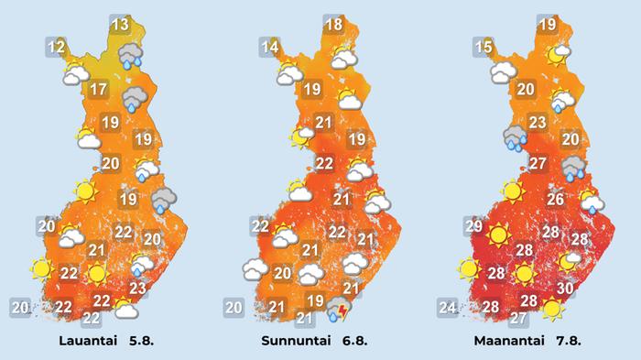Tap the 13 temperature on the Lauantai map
coord(119,25)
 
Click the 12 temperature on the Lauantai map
coord(57,47)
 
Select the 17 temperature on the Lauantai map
coord(100,90)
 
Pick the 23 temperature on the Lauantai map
coord(137,289)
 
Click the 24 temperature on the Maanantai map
coord(447,308)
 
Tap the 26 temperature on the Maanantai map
coord(555,199)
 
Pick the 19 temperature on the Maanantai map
coord(548,25)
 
